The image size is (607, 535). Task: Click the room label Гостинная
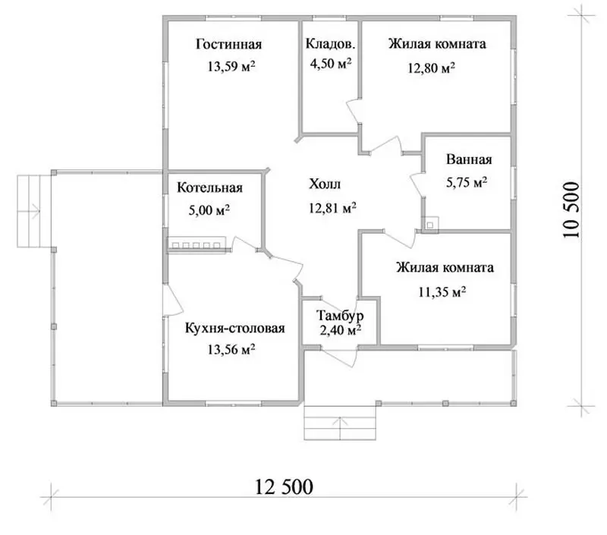pos(229,44)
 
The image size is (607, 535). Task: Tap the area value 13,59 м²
pos(231,66)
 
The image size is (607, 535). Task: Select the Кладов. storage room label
pos(330,44)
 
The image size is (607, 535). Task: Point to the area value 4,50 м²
pos(331,64)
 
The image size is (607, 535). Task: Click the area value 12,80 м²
pos(431,68)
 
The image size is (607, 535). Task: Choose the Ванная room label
pos(469,159)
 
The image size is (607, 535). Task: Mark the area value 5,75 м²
pos(467,182)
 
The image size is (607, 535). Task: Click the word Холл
pos(325,184)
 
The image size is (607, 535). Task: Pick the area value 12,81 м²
pos(332,208)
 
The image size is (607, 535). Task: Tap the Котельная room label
pos(210,187)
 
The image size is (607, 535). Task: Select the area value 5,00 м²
pos(209,210)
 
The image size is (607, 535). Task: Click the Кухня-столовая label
pos(235,329)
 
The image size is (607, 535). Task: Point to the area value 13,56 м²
pos(231,350)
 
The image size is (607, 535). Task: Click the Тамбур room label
pos(340,316)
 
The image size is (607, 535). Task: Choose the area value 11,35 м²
pos(442,291)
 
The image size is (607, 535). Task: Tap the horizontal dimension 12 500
pos(284,486)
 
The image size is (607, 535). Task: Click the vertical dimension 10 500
pos(572,209)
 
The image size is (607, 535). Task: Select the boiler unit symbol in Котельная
pos(197,244)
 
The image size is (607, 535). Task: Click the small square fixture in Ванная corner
pos(430,224)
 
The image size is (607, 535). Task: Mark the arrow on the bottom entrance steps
pos(340,426)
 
